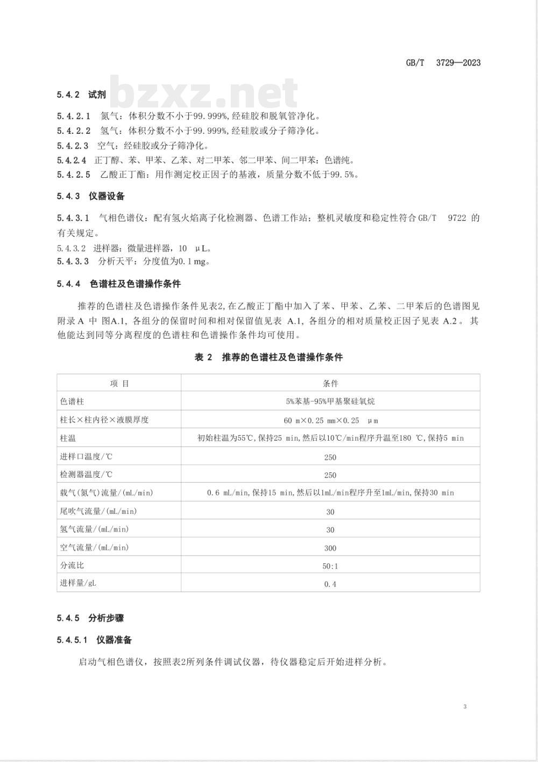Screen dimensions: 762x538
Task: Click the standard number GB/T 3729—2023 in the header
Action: [443, 63]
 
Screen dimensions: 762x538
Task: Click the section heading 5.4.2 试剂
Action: [81, 95]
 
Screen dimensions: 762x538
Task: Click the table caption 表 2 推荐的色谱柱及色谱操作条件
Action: [268, 357]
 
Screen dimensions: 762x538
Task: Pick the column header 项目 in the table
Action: [119, 383]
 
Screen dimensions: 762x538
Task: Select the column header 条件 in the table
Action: [330, 383]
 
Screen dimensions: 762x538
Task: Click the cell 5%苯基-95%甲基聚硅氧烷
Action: [330, 401]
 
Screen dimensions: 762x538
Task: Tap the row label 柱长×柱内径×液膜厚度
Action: [104, 420]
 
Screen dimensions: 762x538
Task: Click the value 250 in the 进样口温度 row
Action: [330, 457]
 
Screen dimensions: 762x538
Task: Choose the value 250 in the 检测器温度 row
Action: [330, 475]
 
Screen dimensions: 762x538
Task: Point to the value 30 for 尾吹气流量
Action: [330, 512]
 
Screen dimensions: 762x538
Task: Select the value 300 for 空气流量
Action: [330, 548]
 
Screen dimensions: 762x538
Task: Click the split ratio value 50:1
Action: [330, 566]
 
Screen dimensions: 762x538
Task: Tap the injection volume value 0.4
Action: [330, 584]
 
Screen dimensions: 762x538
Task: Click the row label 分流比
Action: [72, 565]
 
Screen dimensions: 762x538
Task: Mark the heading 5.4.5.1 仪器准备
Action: [94, 640]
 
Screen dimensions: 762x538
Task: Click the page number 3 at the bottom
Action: [465, 706]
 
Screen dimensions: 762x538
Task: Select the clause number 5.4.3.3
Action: [73, 262]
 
